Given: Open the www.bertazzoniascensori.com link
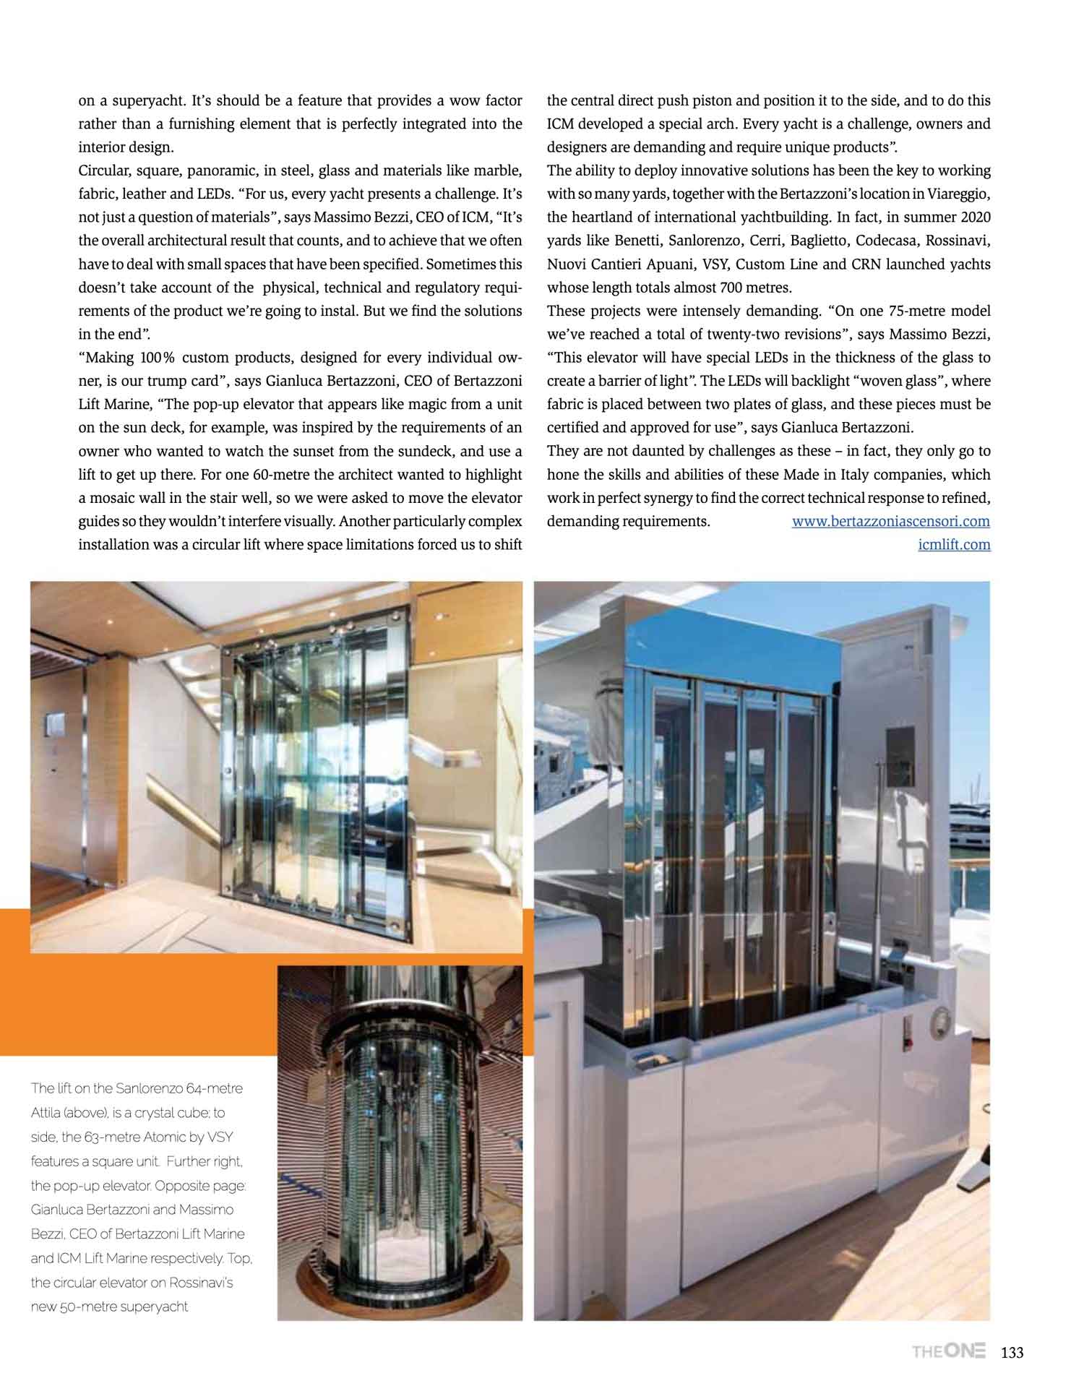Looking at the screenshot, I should tap(890, 521).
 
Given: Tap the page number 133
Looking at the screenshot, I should tap(1012, 1352).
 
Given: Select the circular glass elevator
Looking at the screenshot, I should tap(399, 1149).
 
